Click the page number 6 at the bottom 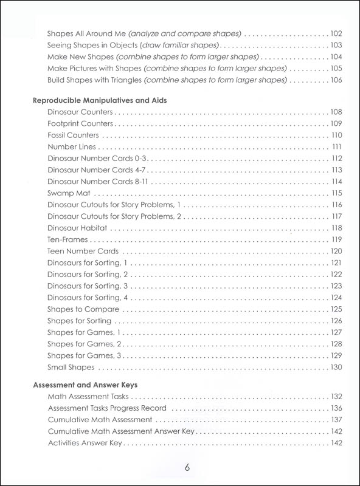pyautogui.click(x=188, y=468)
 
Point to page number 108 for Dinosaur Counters pyautogui.click(x=337, y=112)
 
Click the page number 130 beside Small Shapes pyautogui.click(x=337, y=368)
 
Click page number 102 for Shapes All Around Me pyautogui.click(x=337, y=33)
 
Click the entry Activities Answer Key pyautogui.click(x=85, y=443)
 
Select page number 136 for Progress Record pyautogui.click(x=337, y=408)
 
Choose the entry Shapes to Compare pyautogui.click(x=79, y=309)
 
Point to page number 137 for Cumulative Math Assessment pyautogui.click(x=337, y=420)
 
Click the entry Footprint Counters pyautogui.click(x=79, y=123)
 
